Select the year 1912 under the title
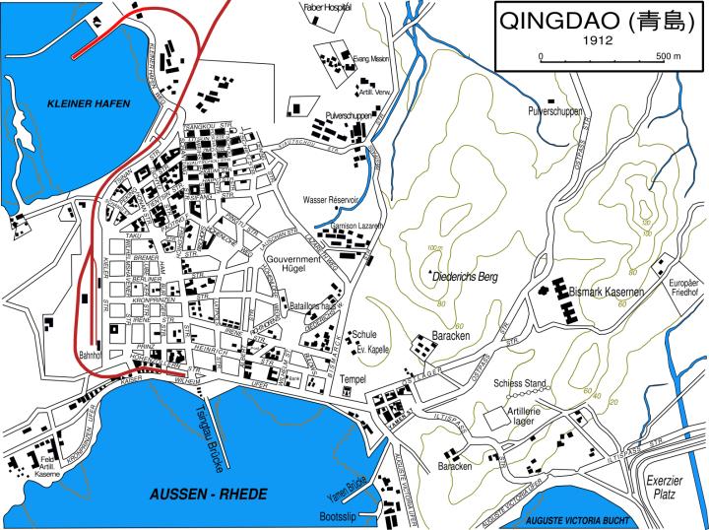point(598,41)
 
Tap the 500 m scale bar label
point(670,57)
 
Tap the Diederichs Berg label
point(466,277)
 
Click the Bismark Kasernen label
point(607,293)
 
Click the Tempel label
point(353,377)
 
